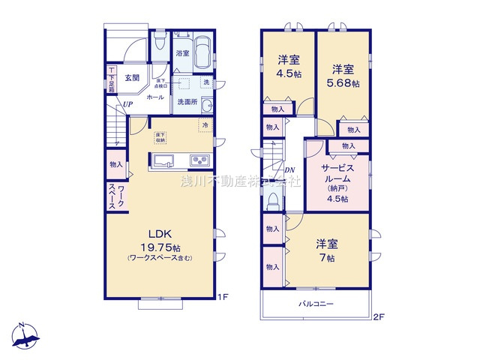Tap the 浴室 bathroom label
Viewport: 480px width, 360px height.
182,54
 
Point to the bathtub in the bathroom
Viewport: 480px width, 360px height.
202,52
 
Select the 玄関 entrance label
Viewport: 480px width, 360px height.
133,77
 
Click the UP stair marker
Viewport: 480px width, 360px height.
129,104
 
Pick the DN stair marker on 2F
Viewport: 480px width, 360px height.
289,170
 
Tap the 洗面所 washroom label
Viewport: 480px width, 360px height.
187,102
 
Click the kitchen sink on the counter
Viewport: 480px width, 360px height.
165,160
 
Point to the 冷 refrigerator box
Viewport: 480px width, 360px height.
204,125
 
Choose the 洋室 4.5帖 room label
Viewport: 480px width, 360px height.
287,66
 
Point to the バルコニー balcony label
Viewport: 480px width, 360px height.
316,304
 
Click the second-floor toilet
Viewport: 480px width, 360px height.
273,200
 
